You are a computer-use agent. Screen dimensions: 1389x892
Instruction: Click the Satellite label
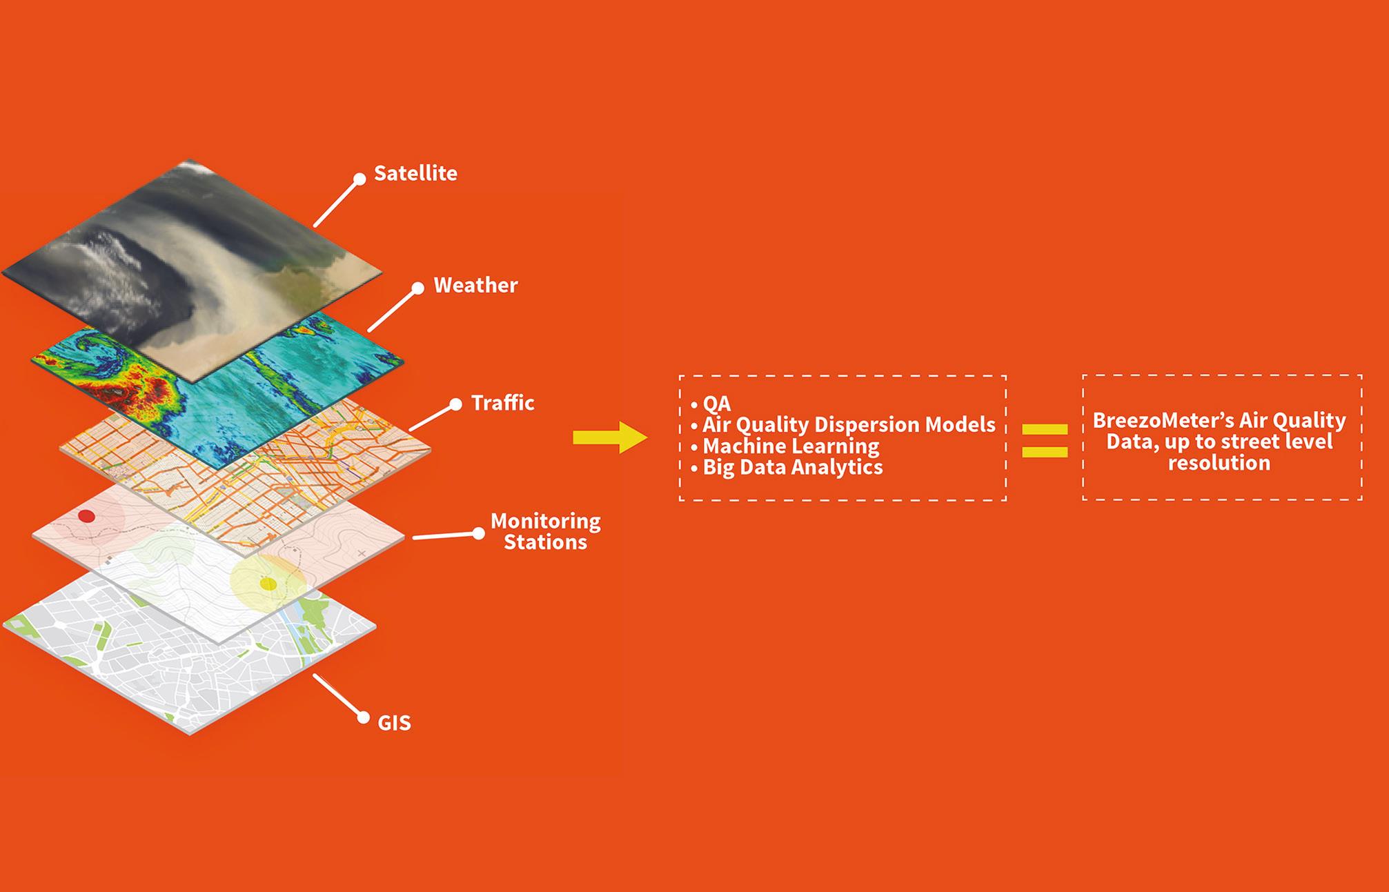coord(415,173)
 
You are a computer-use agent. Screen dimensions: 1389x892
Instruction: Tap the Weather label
coord(475,285)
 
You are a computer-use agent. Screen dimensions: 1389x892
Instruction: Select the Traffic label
coord(502,402)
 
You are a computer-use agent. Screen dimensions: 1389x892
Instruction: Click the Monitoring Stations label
coord(545,531)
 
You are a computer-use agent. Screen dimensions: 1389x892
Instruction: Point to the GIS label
coord(394,723)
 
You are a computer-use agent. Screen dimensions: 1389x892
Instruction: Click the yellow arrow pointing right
coord(610,437)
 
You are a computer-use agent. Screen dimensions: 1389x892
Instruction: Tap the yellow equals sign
coord(1045,440)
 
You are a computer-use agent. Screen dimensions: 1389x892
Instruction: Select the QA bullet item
coord(711,404)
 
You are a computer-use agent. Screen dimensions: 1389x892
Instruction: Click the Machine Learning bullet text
coord(791,446)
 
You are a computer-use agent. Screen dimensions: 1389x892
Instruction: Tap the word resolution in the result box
coord(1219,463)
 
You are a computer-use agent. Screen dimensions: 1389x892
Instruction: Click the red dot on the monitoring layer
coord(86,516)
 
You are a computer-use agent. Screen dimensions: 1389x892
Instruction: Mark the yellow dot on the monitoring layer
coord(268,584)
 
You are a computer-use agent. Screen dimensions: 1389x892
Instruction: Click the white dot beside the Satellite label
coord(359,179)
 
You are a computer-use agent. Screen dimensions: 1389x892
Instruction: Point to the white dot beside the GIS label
coord(364,718)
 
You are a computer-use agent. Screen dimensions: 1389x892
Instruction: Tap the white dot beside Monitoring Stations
coord(478,533)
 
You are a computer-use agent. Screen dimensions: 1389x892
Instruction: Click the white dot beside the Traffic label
coord(455,405)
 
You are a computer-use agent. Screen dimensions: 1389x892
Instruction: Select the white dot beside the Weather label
coord(417,288)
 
